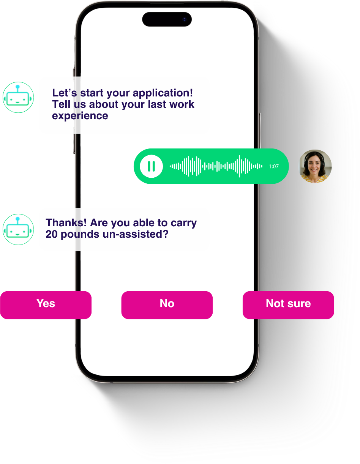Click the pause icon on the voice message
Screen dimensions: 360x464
[x=151, y=166]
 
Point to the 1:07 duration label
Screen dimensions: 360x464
[x=273, y=166]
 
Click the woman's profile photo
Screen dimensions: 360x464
[x=315, y=166]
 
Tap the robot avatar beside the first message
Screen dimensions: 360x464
[x=18, y=98]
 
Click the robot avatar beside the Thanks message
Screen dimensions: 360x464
[x=18, y=229]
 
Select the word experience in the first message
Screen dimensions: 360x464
[x=80, y=116]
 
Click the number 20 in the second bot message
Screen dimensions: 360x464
[x=51, y=234]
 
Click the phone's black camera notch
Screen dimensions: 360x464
[x=167, y=19]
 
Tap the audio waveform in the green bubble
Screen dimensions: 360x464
[x=216, y=166]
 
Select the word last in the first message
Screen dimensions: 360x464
[x=159, y=104]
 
